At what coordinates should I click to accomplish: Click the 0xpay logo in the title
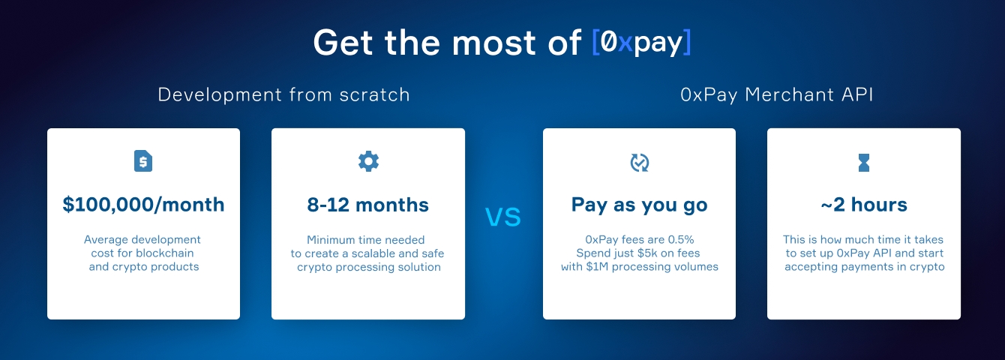641,43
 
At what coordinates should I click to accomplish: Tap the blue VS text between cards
503,217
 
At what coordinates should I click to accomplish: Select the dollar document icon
143,160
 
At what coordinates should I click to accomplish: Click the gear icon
368,161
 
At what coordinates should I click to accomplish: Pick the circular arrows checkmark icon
639,163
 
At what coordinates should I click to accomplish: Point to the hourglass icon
864,163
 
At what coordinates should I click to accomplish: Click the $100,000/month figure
143,205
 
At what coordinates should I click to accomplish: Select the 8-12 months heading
368,205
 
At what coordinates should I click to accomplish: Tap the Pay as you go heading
639,205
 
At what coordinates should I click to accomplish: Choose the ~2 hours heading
864,205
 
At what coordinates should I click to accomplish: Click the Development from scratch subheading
284,94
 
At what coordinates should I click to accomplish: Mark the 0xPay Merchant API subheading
777,94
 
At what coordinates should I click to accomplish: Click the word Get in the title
343,43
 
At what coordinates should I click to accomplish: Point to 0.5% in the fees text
680,240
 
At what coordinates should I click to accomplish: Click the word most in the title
494,44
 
